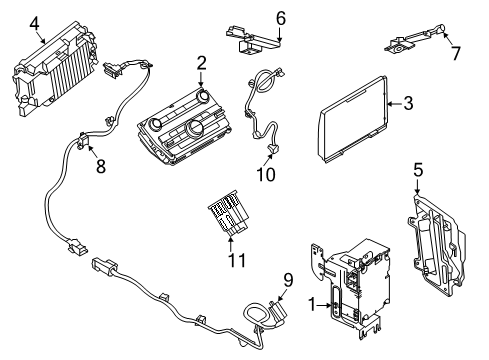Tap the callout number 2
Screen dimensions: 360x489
click(201, 63)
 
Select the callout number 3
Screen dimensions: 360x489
click(407, 102)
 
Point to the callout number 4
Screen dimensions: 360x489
click(35, 22)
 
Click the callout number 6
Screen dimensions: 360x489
click(280, 17)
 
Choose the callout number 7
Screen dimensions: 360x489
click(456, 52)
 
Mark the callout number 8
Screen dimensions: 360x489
click(100, 167)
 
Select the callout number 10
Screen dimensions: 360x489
click(264, 174)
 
